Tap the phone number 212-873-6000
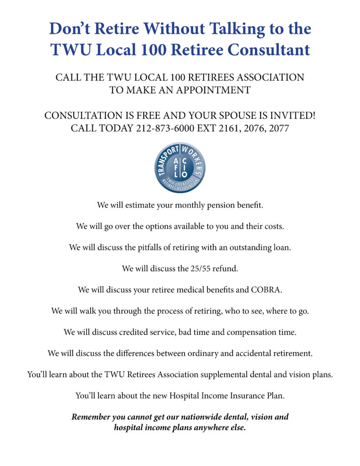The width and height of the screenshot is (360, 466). pos(165,128)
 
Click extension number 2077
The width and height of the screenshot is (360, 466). pos(279,128)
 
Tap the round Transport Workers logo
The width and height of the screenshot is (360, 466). pos(180,167)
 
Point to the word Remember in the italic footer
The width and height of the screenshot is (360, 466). pos(92,417)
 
